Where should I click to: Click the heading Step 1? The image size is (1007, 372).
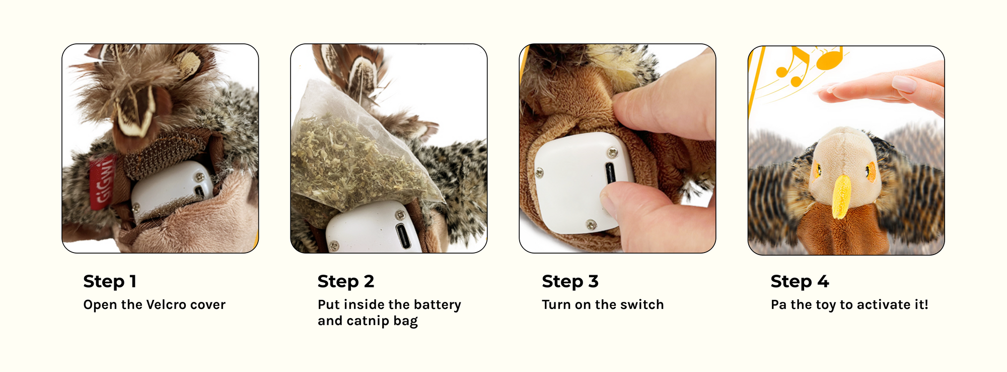110,281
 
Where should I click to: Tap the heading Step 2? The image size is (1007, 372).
346,281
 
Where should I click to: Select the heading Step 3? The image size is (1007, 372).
570,281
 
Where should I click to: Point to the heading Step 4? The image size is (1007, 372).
800,281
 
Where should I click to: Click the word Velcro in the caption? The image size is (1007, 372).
164,304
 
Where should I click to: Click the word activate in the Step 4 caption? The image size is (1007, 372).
880,304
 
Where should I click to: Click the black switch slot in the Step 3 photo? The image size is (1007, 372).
611,173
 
